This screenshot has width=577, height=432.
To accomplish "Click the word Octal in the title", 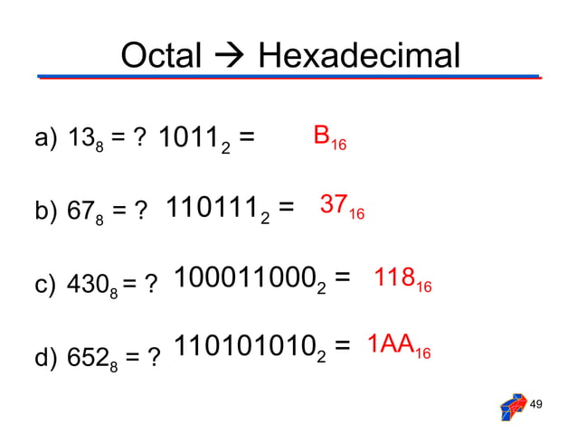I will click(x=161, y=57).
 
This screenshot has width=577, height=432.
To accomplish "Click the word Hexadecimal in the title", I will click(x=359, y=57).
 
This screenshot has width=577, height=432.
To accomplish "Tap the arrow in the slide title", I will click(x=230, y=58).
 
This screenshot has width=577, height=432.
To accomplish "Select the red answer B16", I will click(x=329, y=138).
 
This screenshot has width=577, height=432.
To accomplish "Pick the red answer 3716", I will click(x=342, y=207).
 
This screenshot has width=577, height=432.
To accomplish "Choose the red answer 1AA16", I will click(x=398, y=347).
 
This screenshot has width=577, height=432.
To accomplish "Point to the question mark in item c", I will click(x=150, y=284).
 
